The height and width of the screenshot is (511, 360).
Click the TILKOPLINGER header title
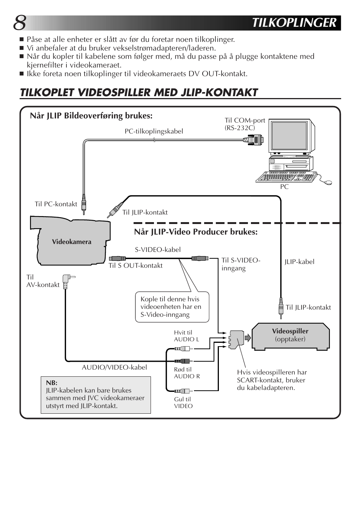pos(294,23)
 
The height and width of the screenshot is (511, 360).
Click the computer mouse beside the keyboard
pos(328,183)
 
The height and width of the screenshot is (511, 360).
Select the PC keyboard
pos(286,177)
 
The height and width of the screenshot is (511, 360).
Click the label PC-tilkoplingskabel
pos(154,131)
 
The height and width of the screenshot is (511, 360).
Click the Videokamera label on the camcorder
pos(71,242)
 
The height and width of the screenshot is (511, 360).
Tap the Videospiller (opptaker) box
pos(290,335)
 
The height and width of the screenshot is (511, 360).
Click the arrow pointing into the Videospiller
pos(248,338)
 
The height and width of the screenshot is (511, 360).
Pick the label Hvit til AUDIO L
pos(186,336)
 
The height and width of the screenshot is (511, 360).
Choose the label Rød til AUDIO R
pos(187,373)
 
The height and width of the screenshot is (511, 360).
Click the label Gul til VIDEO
pos(183,402)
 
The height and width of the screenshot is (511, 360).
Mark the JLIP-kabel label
pos(299,262)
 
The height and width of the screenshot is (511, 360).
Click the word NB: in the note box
pos(51,383)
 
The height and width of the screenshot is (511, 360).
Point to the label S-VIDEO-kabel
pos(158,250)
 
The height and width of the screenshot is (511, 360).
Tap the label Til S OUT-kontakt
pos(135,265)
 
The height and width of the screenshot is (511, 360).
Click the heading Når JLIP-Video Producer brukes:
pos(195,232)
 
